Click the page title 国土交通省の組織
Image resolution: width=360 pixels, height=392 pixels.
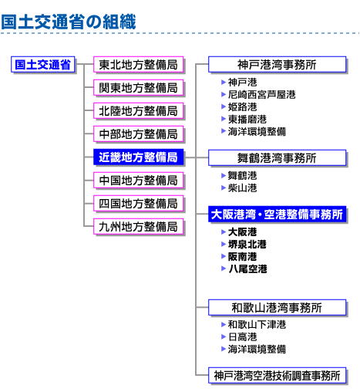tap(69, 22)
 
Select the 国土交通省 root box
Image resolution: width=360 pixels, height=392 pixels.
tap(43, 65)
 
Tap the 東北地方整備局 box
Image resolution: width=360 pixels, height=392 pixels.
tap(139, 65)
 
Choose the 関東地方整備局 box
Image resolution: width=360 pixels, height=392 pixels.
tap(139, 88)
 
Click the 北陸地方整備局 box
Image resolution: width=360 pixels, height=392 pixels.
tap(139, 111)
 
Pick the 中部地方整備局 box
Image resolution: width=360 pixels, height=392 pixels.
tap(139, 134)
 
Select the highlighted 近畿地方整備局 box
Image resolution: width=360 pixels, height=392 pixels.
tap(139, 157)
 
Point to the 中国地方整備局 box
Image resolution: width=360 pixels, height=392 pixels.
tap(139, 181)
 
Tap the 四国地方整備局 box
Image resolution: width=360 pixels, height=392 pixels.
tap(139, 204)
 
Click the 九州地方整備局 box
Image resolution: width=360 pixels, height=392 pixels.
tap(139, 227)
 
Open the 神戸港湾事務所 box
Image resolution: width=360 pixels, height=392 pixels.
tap(278, 65)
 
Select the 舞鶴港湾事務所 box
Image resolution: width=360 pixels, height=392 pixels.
tap(278, 158)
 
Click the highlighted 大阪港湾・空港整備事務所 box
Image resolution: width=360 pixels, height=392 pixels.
tap(278, 215)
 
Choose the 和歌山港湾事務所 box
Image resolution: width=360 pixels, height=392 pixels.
tap(278, 308)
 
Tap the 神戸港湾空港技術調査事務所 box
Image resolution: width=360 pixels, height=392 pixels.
tap(278, 376)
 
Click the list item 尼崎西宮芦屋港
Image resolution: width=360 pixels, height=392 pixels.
tap(261, 95)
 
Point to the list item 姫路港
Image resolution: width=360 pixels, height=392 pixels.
tap(242, 106)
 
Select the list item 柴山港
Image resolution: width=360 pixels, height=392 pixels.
tap(242, 188)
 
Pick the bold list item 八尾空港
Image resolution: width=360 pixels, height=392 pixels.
tap(247, 269)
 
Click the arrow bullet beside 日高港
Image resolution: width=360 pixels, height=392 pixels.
tap(224, 336)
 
